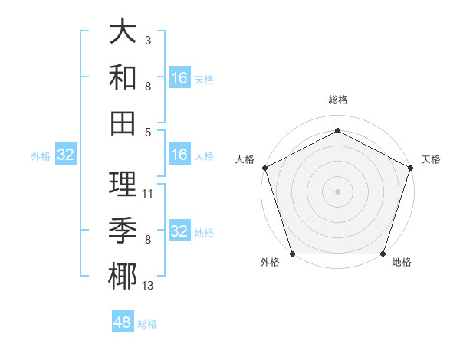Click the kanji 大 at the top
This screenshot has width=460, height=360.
tap(123, 32)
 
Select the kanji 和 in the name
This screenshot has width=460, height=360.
tap(123, 77)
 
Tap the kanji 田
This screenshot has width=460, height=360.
tap(123, 121)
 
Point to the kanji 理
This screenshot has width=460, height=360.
tap(123, 184)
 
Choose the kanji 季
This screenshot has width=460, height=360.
tap(123, 228)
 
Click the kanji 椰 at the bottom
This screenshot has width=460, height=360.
tap(123, 274)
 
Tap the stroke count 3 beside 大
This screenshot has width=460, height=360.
tap(148, 39)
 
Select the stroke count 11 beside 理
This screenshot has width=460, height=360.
tap(148, 194)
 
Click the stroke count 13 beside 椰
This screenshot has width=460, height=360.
tap(148, 286)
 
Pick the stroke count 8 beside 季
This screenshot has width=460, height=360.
tap(148, 240)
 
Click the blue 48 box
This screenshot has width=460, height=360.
tap(123, 322)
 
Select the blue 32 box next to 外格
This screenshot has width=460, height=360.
tap(66, 155)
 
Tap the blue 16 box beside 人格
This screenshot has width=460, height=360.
tap(179, 155)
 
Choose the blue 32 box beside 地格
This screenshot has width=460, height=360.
tap(179, 231)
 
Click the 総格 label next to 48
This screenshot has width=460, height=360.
tap(147, 324)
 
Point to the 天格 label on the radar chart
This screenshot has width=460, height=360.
tap(431, 159)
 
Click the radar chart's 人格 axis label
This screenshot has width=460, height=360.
tap(245, 159)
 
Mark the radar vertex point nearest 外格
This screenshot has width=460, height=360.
tap(292, 254)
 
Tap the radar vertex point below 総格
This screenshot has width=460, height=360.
tap(337, 129)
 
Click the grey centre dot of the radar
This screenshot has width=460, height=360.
tap(337, 191)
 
